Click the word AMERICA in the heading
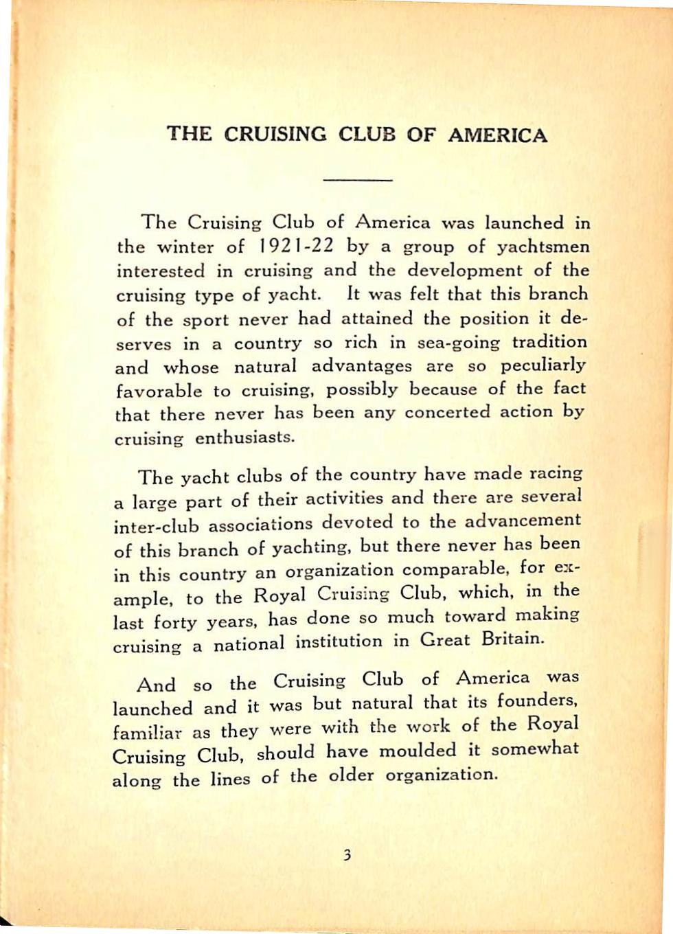pyautogui.click(x=497, y=135)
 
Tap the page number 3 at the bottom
pyautogui.click(x=347, y=855)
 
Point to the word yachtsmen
pyautogui.click(x=543, y=246)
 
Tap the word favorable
pyautogui.click(x=159, y=391)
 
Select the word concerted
pyautogui.click(x=447, y=413)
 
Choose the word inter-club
pyautogui.click(x=155, y=525)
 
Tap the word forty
pyautogui.click(x=176, y=622)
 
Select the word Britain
pyautogui.click(x=513, y=639)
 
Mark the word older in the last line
pyautogui.click(x=350, y=776)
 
